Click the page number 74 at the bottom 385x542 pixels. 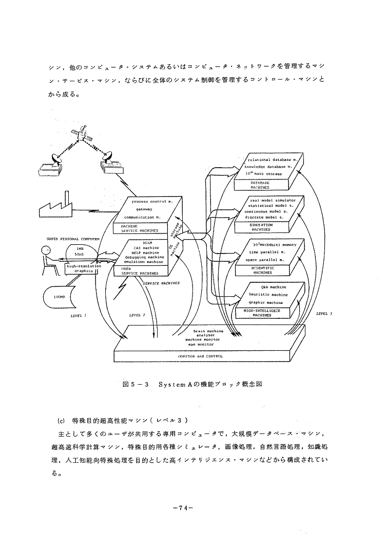pyautogui.click(x=183, y=509)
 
